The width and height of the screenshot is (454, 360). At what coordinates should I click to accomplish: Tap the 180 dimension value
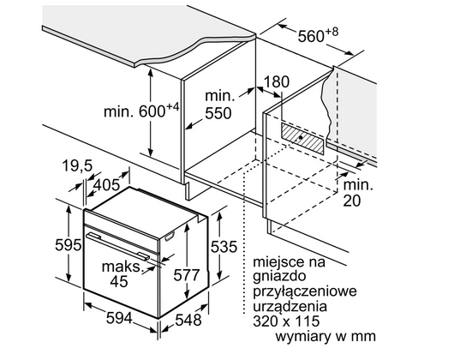pyautogui.click(x=277, y=81)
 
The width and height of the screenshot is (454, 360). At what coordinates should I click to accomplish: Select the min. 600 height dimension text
pyautogui.click(x=141, y=111)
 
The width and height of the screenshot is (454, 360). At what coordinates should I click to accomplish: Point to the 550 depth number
pyautogui.click(x=218, y=113)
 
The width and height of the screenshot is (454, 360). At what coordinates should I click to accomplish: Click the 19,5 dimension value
pyautogui.click(x=77, y=166)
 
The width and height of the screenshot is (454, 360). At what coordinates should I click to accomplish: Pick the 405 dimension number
pyautogui.click(x=106, y=185)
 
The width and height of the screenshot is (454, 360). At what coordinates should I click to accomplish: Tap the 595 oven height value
pyautogui.click(x=69, y=245)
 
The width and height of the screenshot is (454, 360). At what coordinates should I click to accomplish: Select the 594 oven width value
pyautogui.click(x=119, y=318)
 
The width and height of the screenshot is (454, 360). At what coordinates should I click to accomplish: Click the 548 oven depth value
pyautogui.click(x=188, y=320)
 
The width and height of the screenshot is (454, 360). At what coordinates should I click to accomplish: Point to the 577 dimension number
pyautogui.click(x=187, y=275)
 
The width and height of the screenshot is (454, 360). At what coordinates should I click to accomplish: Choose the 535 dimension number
pyautogui.click(x=224, y=247)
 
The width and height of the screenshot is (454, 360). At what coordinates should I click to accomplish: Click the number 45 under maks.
pyautogui.click(x=119, y=281)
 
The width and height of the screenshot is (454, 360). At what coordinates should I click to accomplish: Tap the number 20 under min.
pyautogui.click(x=352, y=201)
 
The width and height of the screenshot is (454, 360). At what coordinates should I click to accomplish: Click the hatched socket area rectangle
pyautogui.click(x=302, y=138)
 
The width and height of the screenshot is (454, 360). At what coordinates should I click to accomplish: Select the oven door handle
pyautogui.click(x=118, y=247)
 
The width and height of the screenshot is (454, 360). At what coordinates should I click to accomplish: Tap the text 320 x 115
pyautogui.click(x=286, y=321)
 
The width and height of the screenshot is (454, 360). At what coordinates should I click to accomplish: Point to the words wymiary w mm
pyautogui.click(x=326, y=337)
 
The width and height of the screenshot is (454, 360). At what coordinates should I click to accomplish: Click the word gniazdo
pyautogui.click(x=279, y=277)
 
